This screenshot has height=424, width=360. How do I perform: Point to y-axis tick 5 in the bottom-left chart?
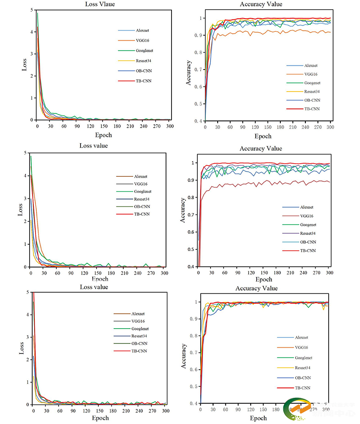pyautogui.click(x=28, y=292)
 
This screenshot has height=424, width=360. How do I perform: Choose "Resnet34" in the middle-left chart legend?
pyautogui.click(x=141, y=199)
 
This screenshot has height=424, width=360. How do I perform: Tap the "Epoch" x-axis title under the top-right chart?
pyautogui.click(x=263, y=136)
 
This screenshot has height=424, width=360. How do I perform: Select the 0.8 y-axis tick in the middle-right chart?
pyautogui.click(x=193, y=198)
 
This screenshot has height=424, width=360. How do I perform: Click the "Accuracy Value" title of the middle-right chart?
pyautogui.click(x=260, y=148)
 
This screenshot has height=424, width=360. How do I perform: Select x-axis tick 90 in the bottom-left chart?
pyautogui.click(x=73, y=411)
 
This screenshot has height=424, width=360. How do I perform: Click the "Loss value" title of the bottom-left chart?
pyautogui.click(x=94, y=287)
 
